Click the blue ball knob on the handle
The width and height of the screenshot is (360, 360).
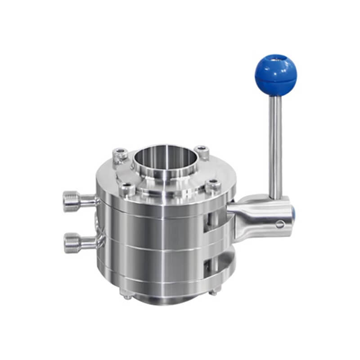point(275,75)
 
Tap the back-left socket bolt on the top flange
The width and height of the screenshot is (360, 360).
point(120,154)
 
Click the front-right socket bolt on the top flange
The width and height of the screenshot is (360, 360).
point(213,184)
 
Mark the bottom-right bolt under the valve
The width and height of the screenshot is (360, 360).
point(213,292)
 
